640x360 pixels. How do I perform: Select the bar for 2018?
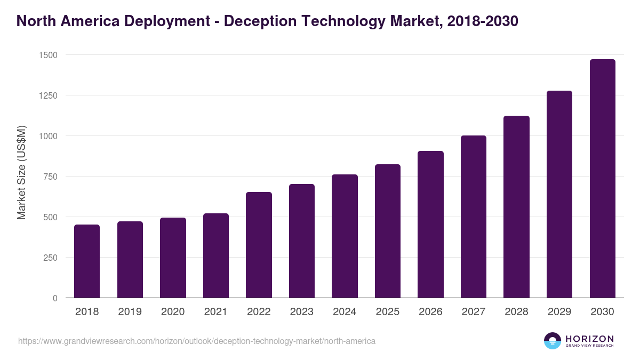coord(87,261)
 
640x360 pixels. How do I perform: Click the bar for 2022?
coord(259,245)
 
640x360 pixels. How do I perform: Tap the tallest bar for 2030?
coord(602,179)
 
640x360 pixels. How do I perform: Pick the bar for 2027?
coord(474,217)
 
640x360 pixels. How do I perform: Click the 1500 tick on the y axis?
coord(47,55)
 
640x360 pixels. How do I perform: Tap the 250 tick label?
coord(50,258)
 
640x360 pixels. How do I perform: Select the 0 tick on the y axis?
coord(55,298)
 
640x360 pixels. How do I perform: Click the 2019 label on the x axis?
coord(130,312)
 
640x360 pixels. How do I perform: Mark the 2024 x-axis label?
coord(345,312)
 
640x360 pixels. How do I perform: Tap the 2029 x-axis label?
coord(559,312)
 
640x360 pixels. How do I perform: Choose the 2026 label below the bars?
coord(430,312)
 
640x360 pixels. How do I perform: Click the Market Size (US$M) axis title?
coord(21,172)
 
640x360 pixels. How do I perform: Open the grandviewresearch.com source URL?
coord(197,341)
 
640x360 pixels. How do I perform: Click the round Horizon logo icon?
coord(552,341)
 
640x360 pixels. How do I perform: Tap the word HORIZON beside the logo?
coord(589,339)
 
